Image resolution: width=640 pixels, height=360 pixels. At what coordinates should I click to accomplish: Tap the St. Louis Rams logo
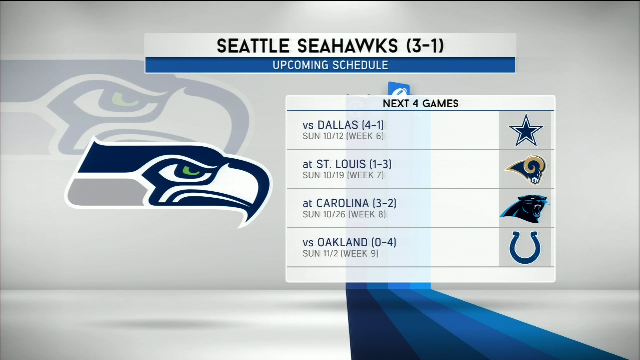coord(526,170)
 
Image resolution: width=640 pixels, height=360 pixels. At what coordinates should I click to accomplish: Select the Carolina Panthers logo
coord(525,209)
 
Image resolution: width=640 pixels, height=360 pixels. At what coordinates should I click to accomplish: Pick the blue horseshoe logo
coord(525,247)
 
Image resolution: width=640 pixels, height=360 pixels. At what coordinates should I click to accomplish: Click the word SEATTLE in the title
coord(253,46)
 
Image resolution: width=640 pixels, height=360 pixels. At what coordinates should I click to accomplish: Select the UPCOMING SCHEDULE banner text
coord(330,65)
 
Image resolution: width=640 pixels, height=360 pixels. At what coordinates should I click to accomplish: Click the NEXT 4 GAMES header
coord(421,103)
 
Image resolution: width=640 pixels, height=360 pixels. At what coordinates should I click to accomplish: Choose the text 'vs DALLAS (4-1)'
coord(343,125)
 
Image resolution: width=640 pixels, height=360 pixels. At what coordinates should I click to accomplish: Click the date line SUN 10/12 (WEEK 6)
coord(343,136)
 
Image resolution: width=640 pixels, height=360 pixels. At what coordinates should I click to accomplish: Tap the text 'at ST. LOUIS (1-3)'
coord(347,164)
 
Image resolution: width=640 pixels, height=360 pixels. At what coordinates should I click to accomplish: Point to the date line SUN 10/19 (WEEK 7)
coord(343,175)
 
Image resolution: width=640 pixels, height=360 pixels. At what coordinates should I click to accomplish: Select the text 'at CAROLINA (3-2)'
coord(349,203)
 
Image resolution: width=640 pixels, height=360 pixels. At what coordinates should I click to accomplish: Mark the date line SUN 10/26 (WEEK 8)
coord(344,214)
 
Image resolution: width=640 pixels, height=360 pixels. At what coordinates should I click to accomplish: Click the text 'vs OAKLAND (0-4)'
coord(349,243)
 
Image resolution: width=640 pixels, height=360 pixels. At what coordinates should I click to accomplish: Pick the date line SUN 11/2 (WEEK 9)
coord(340,253)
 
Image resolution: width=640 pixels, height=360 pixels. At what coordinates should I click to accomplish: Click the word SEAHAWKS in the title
coord(347,46)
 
